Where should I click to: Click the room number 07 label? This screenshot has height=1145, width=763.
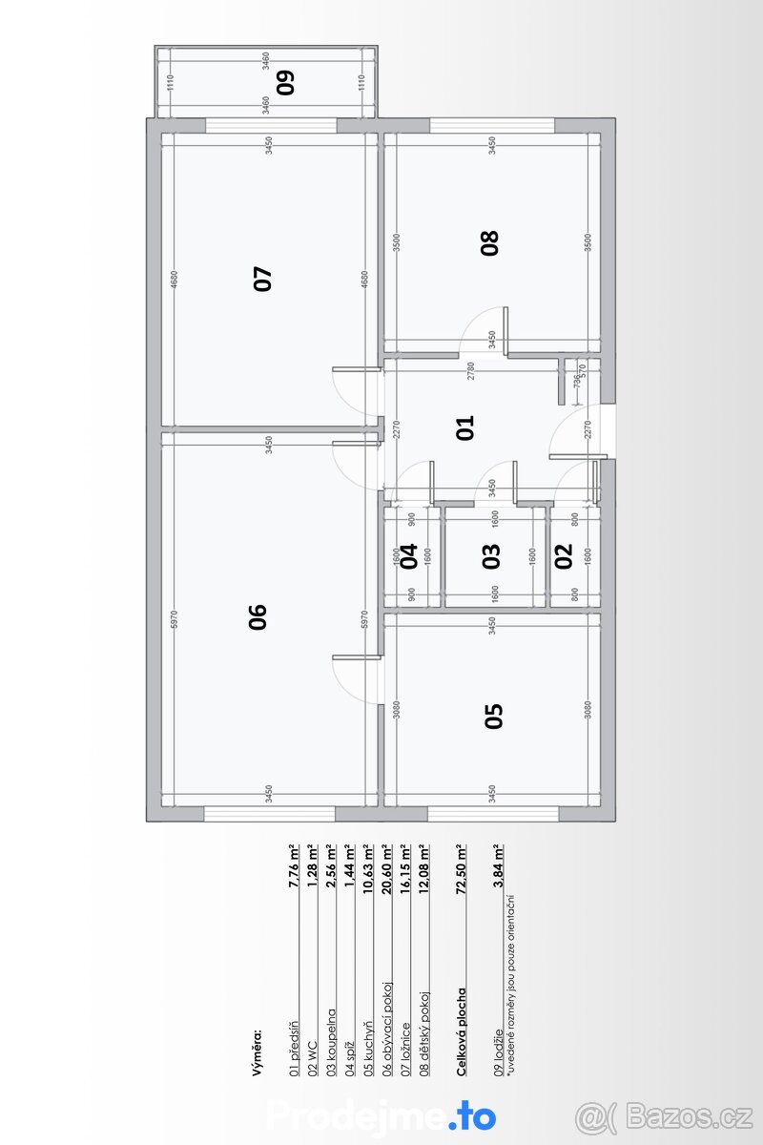[x=263, y=278]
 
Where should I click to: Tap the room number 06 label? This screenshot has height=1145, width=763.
[x=258, y=617]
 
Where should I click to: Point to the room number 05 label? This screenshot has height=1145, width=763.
[x=493, y=716]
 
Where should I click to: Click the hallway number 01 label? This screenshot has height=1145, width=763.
[x=465, y=428]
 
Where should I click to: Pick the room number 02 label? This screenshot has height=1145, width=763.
[x=563, y=555]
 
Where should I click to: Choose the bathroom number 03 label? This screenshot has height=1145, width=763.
[x=491, y=555]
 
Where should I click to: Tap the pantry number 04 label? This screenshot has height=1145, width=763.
[x=409, y=555]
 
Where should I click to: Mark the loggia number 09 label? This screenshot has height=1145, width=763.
[x=285, y=82]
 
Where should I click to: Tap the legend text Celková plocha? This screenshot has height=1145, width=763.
[x=462, y=1032]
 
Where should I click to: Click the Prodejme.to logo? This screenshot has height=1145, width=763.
[x=381, y=1115]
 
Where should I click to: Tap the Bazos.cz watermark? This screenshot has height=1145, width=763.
[x=664, y=1114]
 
